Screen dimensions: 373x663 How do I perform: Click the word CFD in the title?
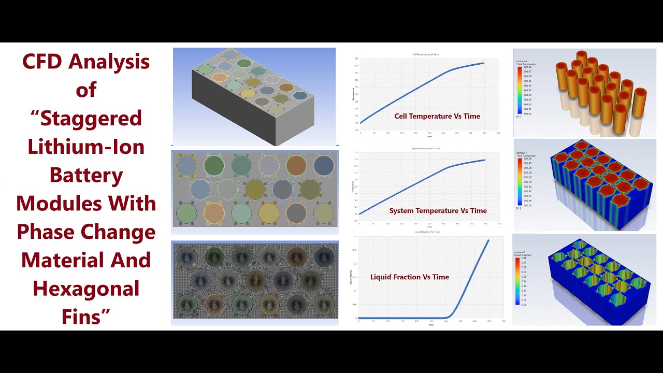pos(44,62)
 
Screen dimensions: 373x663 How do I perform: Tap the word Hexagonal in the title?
pos(86,288)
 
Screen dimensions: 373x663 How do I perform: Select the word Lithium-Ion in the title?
pos(86,147)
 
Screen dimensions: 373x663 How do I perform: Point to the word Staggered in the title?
pos(91,119)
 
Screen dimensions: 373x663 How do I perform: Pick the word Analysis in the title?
pos(109,62)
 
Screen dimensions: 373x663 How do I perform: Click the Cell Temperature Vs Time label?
pos(437,116)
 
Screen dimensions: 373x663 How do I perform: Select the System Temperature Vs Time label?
pos(438,210)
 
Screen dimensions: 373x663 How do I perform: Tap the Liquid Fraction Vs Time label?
pos(409,277)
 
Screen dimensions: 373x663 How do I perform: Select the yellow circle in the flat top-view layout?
pos(269,212)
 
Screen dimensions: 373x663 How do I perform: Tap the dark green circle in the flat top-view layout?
pos(213,165)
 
